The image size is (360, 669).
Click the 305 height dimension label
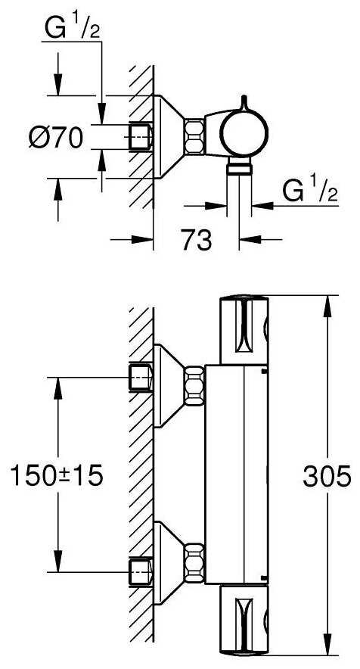[x=327, y=476]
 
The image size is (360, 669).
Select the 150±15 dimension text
[x=57, y=476]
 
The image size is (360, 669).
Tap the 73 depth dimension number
[x=196, y=240]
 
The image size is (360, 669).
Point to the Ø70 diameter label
[x=56, y=138]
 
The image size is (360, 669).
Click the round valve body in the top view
[x=244, y=133]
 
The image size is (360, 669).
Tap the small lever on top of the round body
[x=244, y=102]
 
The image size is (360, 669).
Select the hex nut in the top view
[x=194, y=135]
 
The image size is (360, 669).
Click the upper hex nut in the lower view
[x=194, y=386]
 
